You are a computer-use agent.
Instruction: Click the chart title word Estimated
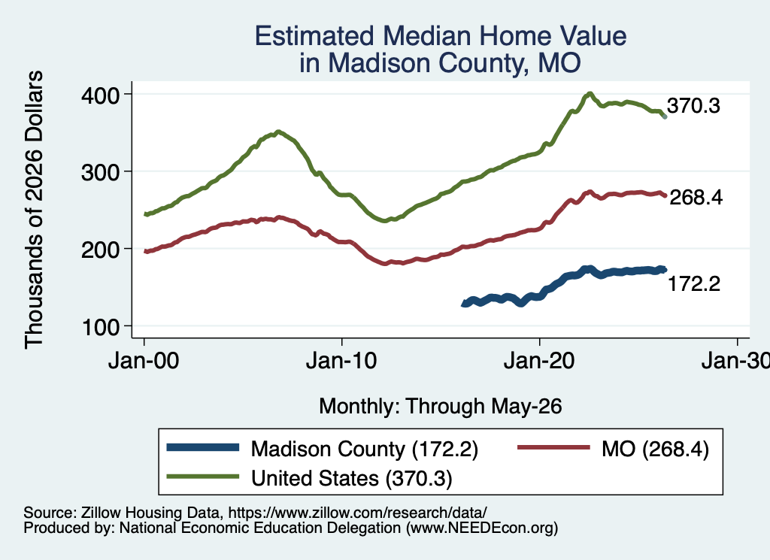(314, 36)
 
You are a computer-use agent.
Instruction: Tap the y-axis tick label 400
(100, 95)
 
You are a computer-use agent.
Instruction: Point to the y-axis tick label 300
(100, 172)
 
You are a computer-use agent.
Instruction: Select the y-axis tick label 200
(100, 250)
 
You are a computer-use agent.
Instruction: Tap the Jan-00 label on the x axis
(144, 362)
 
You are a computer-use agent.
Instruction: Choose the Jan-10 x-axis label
(341, 362)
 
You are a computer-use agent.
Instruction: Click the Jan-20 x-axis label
(539, 362)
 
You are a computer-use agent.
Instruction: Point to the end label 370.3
(693, 105)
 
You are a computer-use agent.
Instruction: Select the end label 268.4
(696, 197)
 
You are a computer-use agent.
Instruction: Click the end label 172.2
(694, 283)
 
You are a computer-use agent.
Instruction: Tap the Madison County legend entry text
(365, 449)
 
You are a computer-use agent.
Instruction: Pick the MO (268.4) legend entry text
(655, 449)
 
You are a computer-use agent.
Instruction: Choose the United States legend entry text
(352, 478)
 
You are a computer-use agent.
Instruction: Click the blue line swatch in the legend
(203, 447)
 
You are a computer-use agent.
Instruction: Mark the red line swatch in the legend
(553, 447)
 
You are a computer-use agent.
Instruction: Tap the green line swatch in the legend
(203, 477)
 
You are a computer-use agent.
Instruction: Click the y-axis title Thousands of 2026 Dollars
(34, 210)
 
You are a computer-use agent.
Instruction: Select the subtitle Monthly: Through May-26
(441, 407)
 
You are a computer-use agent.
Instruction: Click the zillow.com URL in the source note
(357, 513)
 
